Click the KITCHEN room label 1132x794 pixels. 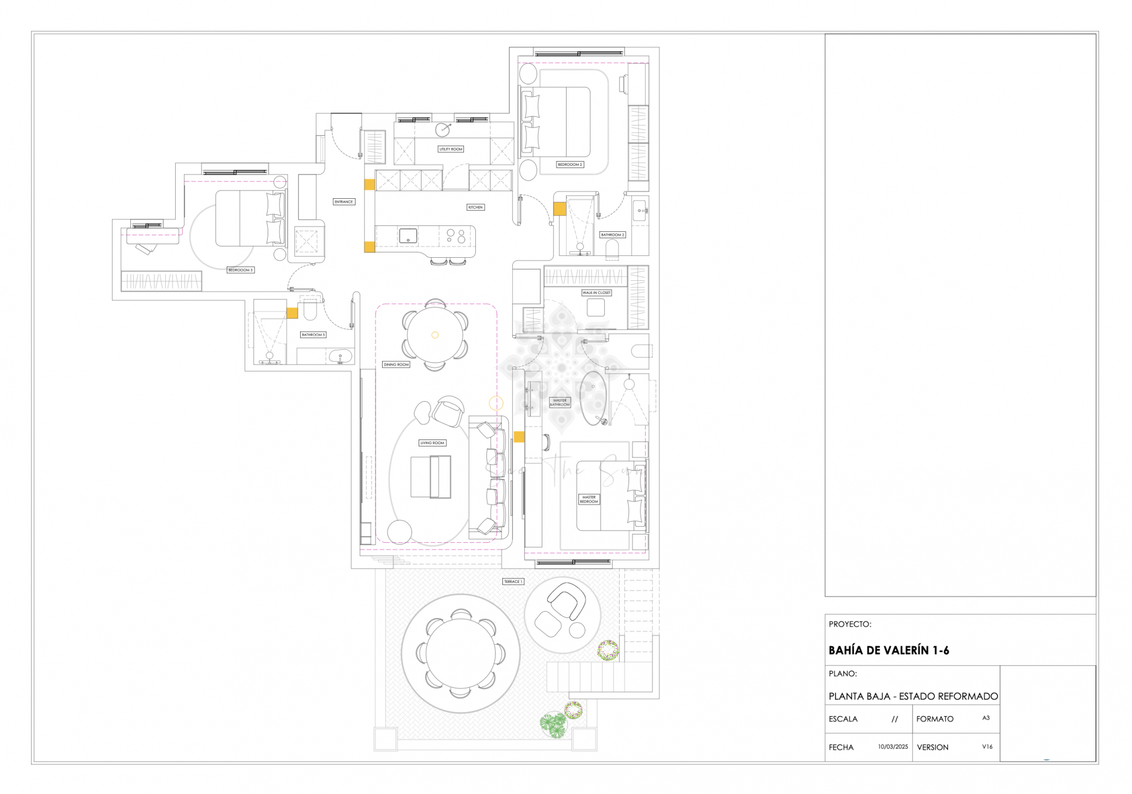point(475,207)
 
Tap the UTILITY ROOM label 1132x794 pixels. point(450,149)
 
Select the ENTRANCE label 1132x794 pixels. point(344,202)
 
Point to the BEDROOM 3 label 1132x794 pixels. point(240,270)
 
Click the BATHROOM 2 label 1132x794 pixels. point(613,235)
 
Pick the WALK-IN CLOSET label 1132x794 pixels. point(596,293)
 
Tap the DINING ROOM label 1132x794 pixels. point(396,365)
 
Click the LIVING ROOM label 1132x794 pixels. point(432,443)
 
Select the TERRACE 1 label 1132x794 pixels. point(512,582)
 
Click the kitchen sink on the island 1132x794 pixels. point(408,236)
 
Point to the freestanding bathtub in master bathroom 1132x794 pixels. point(593,398)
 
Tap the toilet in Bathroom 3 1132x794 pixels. point(310,311)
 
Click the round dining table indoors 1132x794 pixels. point(435,335)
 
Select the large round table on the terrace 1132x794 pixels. point(460,653)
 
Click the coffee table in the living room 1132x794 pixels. point(430,477)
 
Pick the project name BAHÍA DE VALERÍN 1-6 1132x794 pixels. point(889,651)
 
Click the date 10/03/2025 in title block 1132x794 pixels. point(893,747)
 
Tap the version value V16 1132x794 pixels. point(987,747)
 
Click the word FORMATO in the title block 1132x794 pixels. point(934,719)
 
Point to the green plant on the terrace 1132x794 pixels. point(554,724)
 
